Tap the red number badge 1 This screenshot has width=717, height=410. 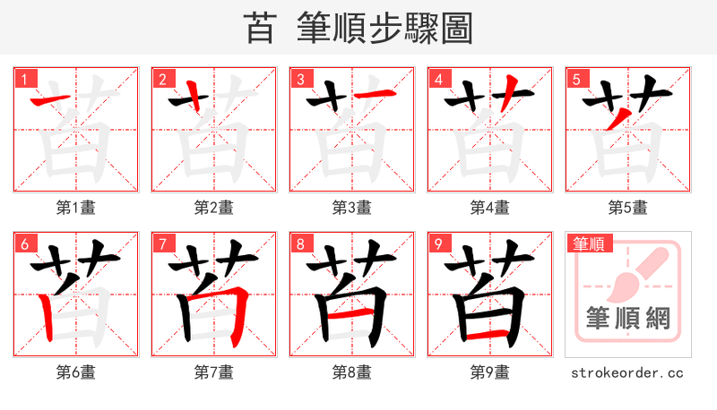(24, 78)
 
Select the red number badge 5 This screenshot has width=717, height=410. (576, 78)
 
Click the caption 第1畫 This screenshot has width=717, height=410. (75, 208)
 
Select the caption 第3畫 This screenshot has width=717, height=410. (351, 208)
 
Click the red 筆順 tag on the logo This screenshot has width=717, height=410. (590, 243)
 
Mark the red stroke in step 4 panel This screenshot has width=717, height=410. (507, 93)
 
